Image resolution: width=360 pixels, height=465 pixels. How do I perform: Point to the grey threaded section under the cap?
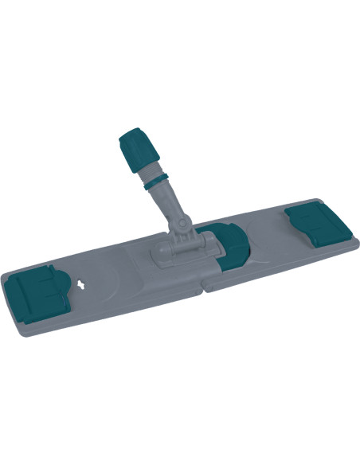tap(151, 170)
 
